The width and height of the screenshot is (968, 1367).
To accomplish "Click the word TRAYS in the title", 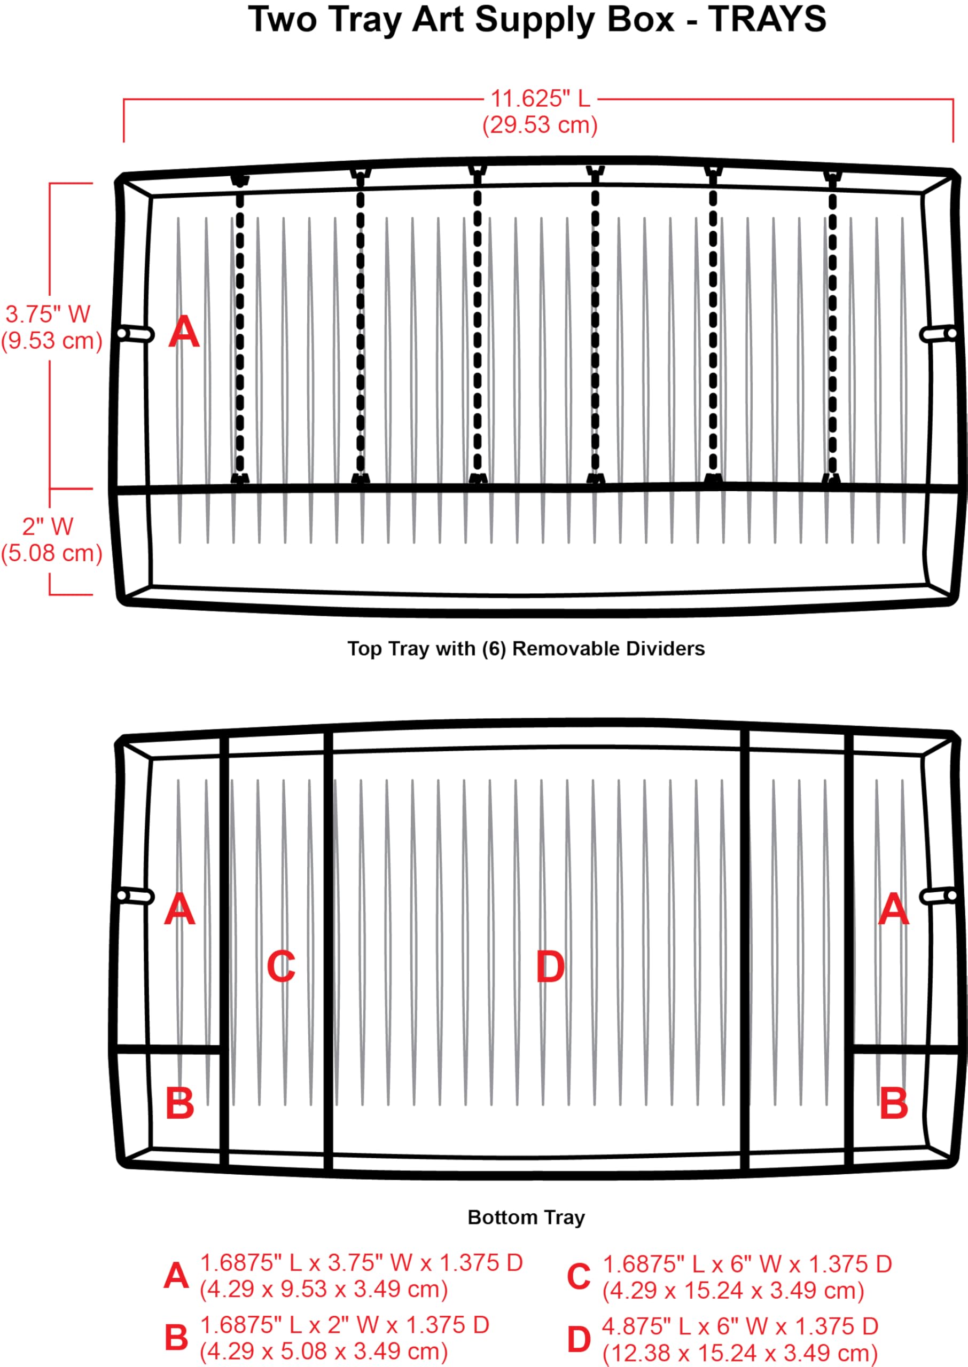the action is click(767, 19).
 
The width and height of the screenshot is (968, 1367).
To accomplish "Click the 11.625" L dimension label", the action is click(540, 99).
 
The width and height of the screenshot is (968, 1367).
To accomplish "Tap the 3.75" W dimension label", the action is click(48, 314).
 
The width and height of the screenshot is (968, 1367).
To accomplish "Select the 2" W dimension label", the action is click(48, 527).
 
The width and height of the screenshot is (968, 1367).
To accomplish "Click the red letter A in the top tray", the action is click(184, 332).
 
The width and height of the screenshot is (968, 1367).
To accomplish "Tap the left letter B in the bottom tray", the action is click(179, 1103).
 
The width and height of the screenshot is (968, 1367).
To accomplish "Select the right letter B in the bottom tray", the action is click(894, 1103).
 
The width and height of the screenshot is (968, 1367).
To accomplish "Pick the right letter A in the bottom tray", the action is click(894, 909).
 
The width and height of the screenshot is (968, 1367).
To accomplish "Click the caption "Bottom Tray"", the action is click(526, 1217).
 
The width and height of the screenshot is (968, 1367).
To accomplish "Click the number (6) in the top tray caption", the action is click(494, 648).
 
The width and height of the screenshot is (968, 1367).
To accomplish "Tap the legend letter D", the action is click(579, 1340).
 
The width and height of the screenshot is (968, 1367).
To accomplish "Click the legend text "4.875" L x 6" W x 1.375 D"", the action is click(740, 1326).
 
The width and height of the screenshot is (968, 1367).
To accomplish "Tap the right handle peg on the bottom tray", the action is click(939, 896).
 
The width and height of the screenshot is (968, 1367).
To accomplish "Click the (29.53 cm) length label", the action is click(540, 125).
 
